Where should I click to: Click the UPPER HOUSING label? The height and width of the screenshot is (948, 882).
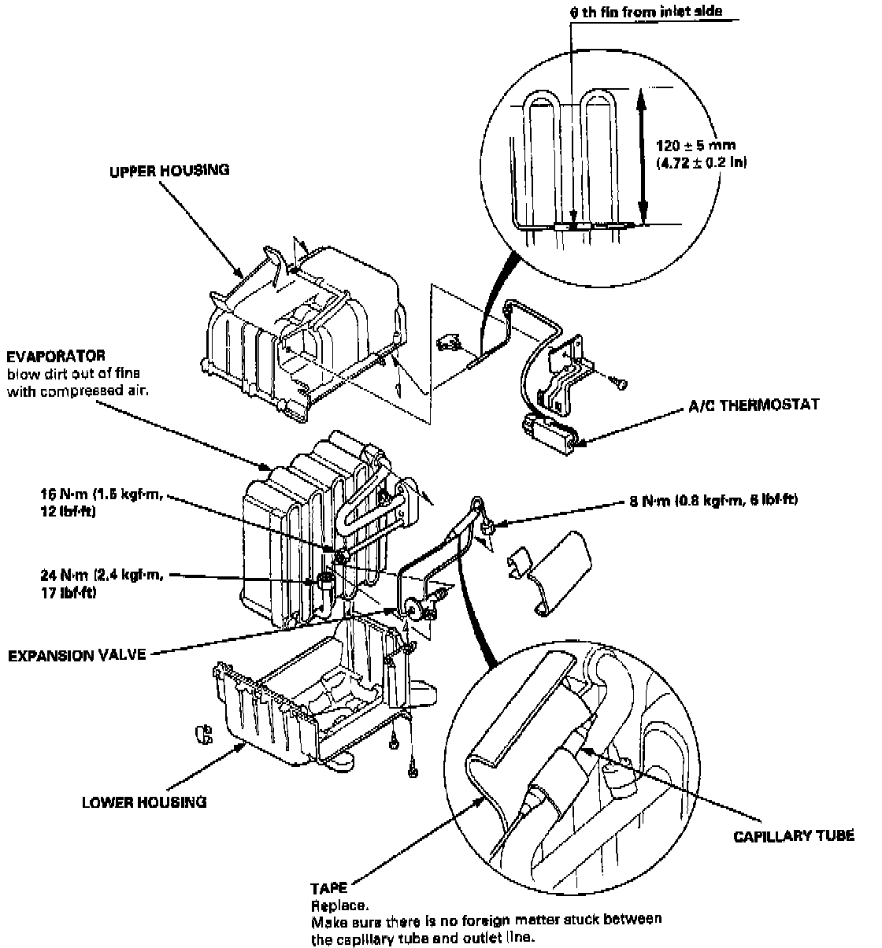[169, 170]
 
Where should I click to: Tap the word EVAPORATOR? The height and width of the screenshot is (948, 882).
[56, 357]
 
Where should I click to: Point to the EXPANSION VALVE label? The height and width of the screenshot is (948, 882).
[76, 654]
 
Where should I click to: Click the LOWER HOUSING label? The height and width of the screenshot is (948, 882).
[144, 802]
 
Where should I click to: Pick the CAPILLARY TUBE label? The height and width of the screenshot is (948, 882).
[793, 835]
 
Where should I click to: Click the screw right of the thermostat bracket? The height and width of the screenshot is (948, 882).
[621, 382]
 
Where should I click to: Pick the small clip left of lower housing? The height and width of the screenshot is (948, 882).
[203, 734]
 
